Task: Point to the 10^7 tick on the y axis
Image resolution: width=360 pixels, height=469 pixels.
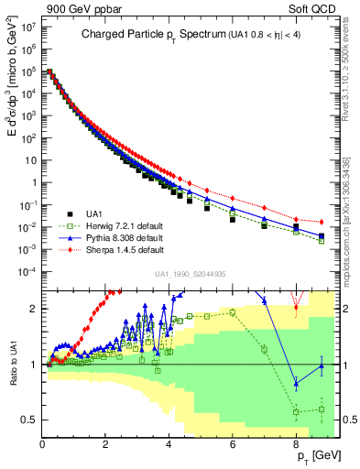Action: point(27,27)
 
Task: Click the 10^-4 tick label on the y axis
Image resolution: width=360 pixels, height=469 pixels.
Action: point(27,271)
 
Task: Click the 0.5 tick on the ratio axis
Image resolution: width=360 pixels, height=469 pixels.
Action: point(30,420)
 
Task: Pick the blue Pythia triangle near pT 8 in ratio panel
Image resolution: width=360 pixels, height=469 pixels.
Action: point(296,384)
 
